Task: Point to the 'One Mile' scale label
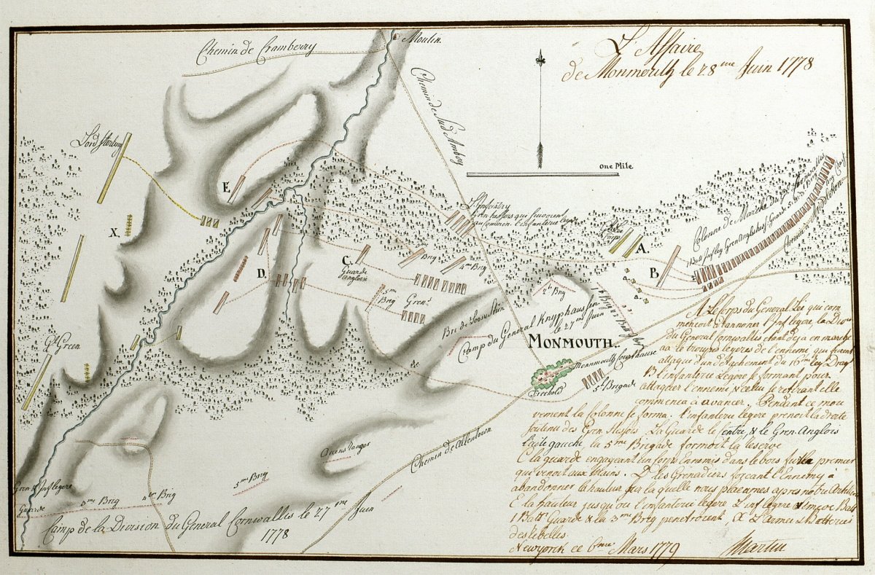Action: point(616,165)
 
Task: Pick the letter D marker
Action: point(259,274)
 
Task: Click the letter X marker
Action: point(114,232)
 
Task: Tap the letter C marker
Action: point(346,259)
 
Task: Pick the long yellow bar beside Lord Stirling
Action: point(114,168)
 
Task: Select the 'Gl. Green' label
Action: point(61,341)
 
